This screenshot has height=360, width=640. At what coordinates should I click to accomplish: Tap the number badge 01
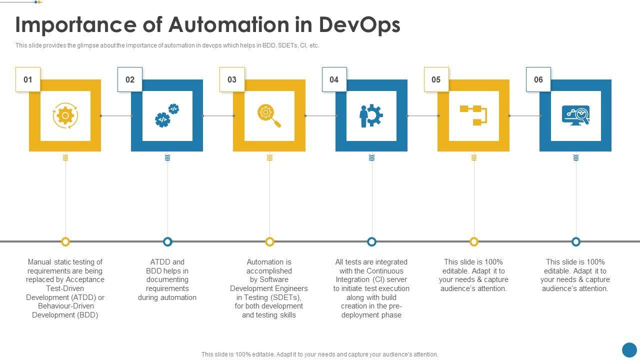tap(28, 79)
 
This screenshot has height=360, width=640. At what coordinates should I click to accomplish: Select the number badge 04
tap(334, 79)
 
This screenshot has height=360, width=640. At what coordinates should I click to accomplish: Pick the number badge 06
tap(538, 79)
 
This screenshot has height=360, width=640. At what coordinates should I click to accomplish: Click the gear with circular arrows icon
tap(65, 115)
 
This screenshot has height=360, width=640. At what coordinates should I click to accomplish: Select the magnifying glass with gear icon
tap(269, 115)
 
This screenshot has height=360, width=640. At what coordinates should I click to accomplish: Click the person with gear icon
tap(371, 115)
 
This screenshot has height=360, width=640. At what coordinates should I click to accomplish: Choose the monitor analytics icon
tap(575, 115)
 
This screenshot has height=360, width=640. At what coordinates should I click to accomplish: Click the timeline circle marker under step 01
tap(65, 242)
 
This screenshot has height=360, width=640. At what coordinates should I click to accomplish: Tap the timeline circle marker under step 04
tap(371, 242)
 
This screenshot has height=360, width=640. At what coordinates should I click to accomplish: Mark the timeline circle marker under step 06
tap(576, 242)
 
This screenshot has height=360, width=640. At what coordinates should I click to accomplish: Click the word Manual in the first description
tap(39, 262)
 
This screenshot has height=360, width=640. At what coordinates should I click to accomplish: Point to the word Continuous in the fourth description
tap(385, 271)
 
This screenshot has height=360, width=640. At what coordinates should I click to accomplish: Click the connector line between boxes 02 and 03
tap(218, 116)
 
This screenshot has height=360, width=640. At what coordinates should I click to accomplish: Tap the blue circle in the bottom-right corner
tap(629, 349)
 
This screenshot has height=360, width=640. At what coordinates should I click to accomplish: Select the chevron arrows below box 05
tap(473, 157)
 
